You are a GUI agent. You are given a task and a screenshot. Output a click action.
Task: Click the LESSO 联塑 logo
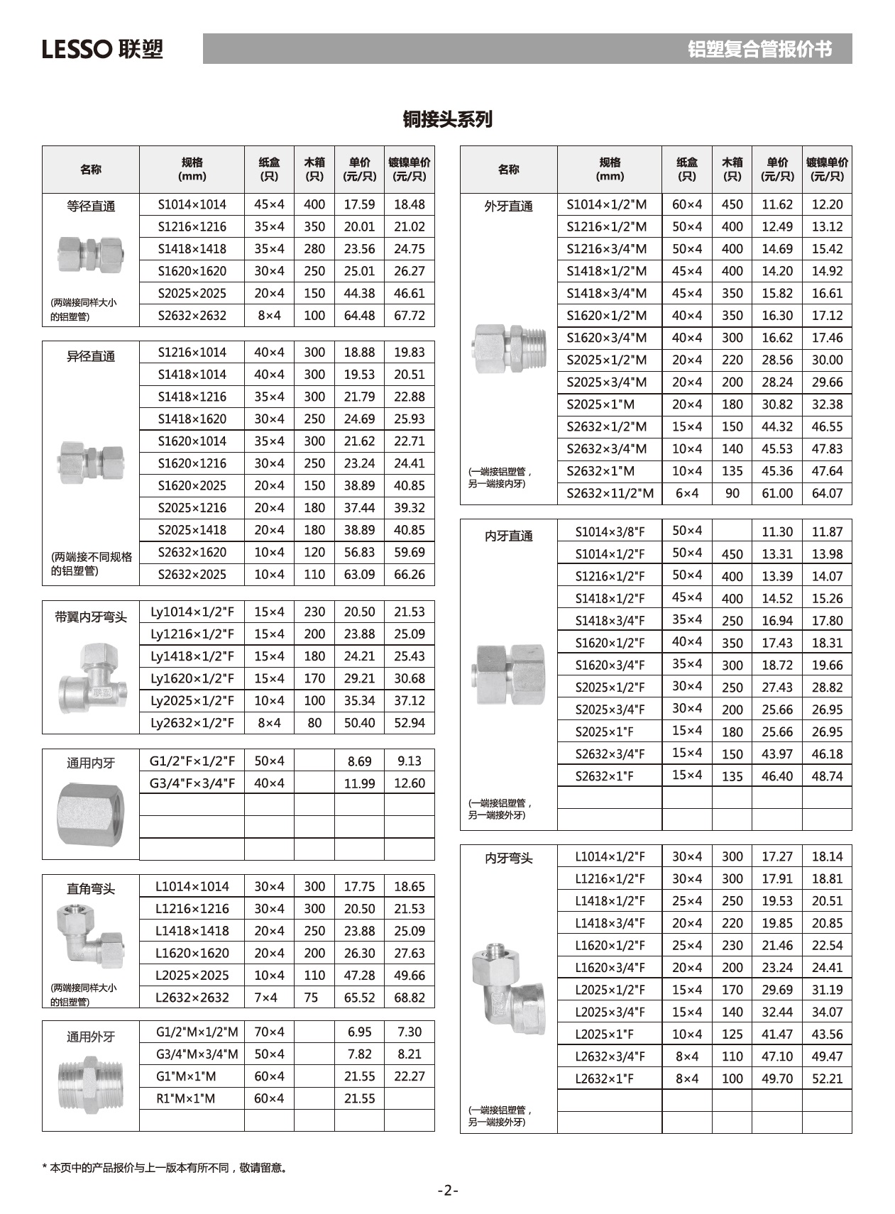(103, 49)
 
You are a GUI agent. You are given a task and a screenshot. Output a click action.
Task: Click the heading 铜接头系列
(447, 119)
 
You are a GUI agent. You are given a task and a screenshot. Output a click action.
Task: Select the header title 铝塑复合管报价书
(759, 49)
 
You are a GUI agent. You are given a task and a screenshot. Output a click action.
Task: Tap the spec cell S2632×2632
(192, 316)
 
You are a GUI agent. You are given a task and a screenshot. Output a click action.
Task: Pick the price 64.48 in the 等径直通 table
(359, 316)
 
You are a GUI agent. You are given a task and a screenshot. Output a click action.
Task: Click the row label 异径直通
(91, 356)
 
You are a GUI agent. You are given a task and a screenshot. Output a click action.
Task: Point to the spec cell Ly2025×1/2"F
(192, 701)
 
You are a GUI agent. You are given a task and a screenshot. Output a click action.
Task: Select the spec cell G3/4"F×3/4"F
(192, 783)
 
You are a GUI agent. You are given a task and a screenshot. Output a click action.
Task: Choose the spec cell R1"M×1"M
(186, 1098)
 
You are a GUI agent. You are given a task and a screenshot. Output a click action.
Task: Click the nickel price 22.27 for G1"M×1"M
(410, 1076)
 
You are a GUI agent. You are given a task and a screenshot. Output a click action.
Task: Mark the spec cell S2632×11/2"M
(610, 493)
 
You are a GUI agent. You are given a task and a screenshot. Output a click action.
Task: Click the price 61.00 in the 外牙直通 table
(777, 493)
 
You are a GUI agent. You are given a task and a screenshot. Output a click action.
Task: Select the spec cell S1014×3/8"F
(610, 531)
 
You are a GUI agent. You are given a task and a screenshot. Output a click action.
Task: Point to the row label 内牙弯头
(509, 859)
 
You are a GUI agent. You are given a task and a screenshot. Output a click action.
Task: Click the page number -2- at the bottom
(448, 1190)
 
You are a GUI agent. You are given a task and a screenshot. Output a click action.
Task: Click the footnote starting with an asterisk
(165, 1167)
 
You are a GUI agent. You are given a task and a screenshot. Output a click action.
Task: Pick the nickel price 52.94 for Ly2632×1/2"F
(410, 723)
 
